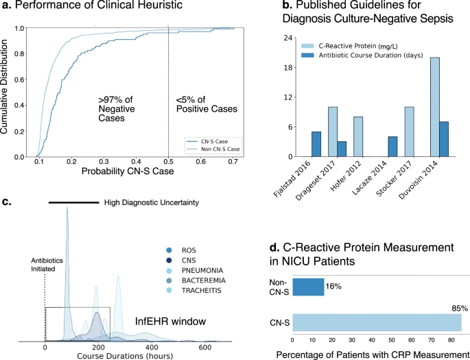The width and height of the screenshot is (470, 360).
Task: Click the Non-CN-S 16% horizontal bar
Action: pyautogui.click(x=308, y=287)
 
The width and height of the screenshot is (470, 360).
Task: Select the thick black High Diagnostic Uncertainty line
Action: pyautogui.click(x=74, y=203)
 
